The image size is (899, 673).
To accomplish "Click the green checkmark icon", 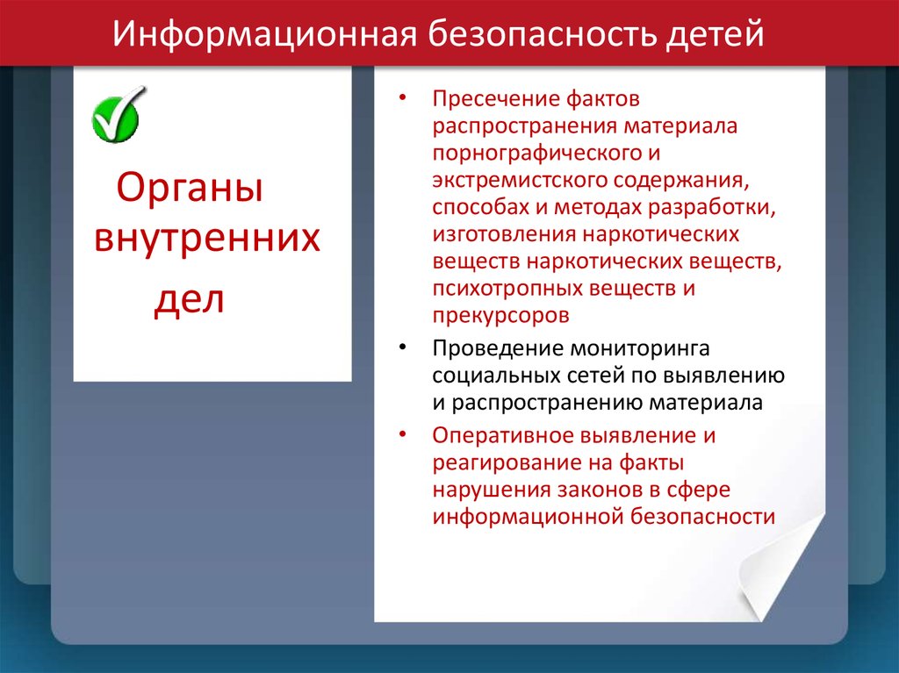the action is coord(118,115).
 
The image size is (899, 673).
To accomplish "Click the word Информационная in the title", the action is coord(264,34).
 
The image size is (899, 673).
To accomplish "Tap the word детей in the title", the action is coord(715,35).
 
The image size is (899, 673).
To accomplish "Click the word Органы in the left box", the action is coord(190,188).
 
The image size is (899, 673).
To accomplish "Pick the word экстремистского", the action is coord(520,181).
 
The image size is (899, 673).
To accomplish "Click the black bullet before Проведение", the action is coord(402,347).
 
